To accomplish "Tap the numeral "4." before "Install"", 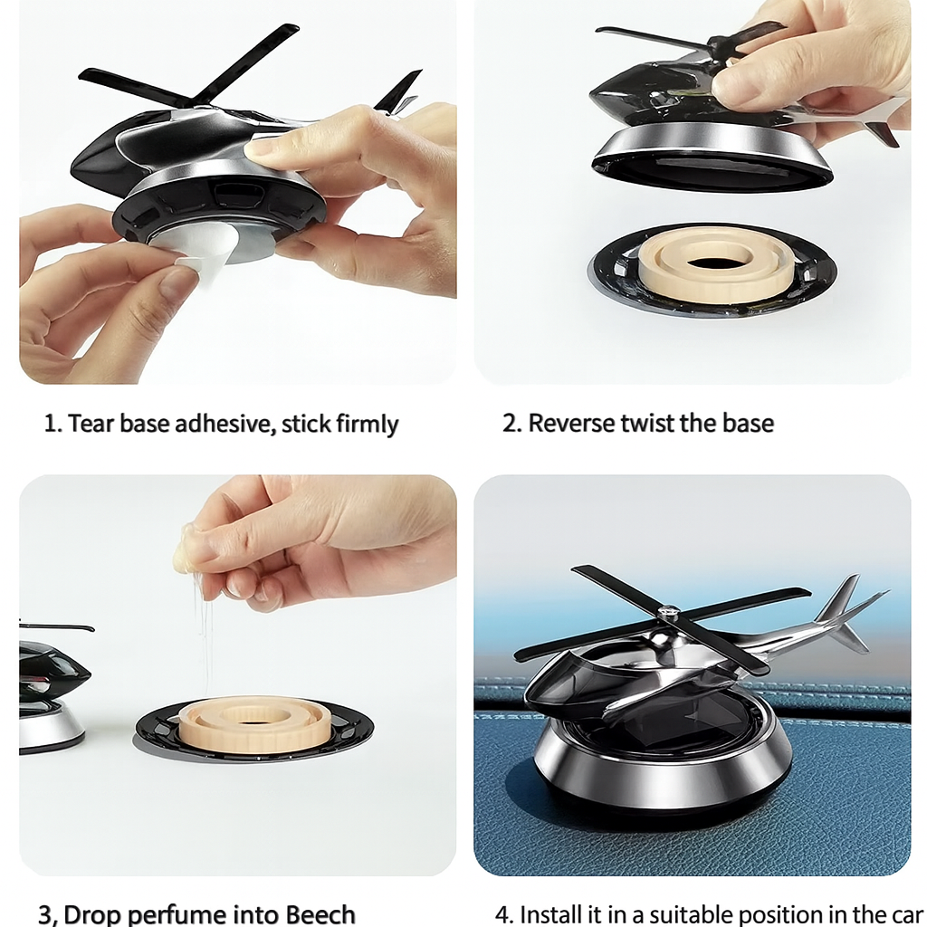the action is tap(504, 914).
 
